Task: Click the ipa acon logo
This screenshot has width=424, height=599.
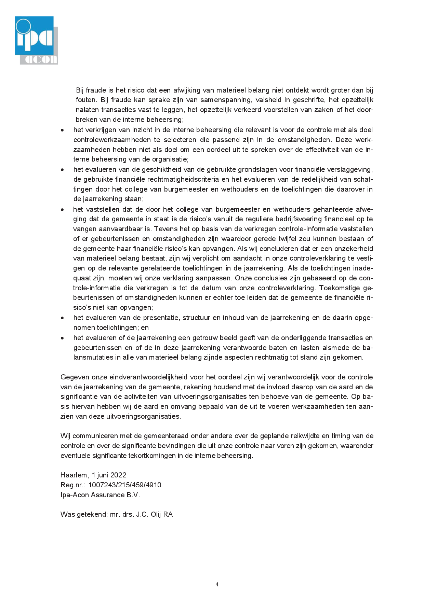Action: [x=36, y=40]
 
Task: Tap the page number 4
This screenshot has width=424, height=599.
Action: [x=217, y=584]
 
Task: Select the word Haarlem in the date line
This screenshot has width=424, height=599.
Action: [x=75, y=475]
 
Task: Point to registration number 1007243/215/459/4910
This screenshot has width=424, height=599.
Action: [x=125, y=485]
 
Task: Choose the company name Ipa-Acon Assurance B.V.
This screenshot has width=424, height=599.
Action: [x=100, y=495]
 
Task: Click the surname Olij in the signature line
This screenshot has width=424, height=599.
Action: [x=156, y=514]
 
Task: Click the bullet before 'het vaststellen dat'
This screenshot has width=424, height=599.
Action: [x=62, y=209]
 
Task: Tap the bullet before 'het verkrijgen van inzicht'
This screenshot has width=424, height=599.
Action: [x=62, y=130]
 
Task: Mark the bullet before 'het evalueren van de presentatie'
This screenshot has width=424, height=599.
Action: [x=62, y=318]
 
